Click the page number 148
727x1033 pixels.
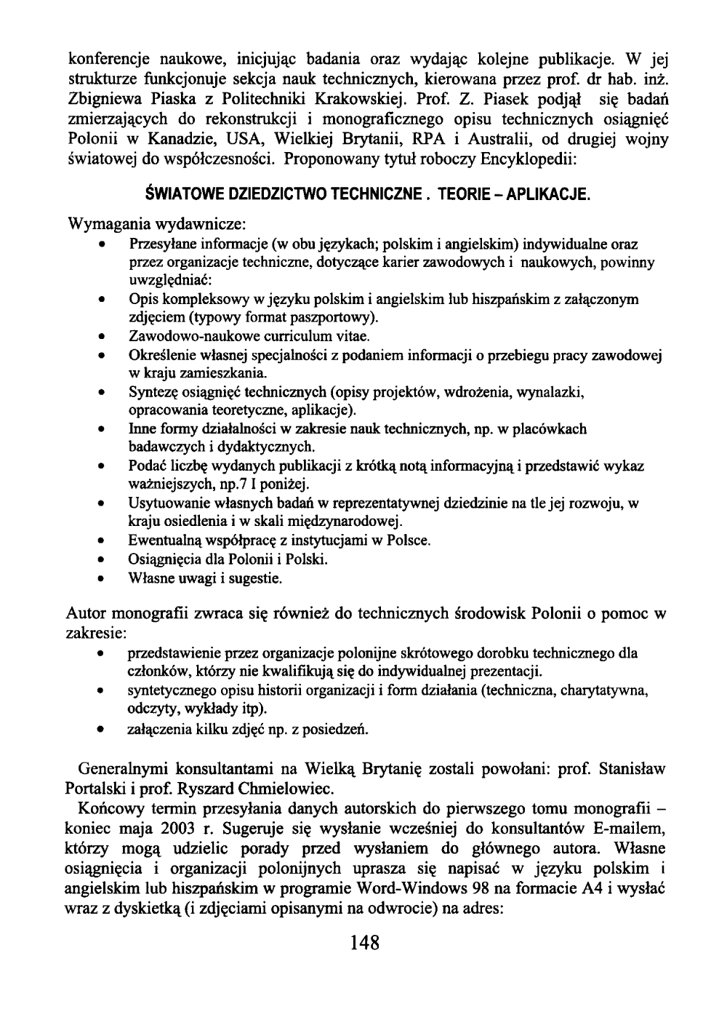(x=364, y=944)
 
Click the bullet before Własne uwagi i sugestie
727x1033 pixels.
(x=106, y=579)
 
